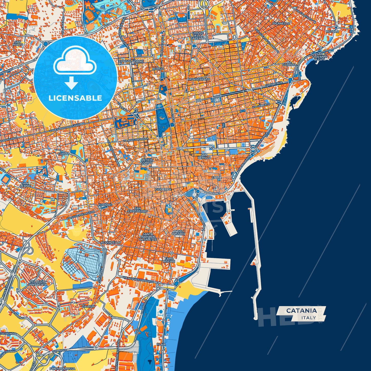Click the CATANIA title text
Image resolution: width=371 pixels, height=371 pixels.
[x=301, y=310]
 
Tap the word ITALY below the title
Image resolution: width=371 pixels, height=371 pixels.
[x=309, y=318]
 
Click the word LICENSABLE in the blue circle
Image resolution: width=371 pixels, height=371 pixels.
[x=75, y=98]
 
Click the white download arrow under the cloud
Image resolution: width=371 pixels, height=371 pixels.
[x=71, y=83]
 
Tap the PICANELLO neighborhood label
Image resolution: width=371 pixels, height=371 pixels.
[x=281, y=23]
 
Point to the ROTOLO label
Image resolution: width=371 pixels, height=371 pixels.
[x=332, y=31]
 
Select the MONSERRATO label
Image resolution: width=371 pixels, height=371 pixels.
[x=199, y=79]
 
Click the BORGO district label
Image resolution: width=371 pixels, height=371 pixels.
[x=158, y=69]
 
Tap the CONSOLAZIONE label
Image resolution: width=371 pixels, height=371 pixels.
[x=131, y=61]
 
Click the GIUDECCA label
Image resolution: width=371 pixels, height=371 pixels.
[x=163, y=189]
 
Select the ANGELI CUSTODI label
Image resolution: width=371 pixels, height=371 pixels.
[x=178, y=233]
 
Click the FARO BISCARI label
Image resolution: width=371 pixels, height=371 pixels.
[x=169, y=260]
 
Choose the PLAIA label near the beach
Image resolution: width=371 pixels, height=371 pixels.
[x=161, y=344]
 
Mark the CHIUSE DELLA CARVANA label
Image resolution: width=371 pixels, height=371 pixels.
[x=198, y=35]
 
